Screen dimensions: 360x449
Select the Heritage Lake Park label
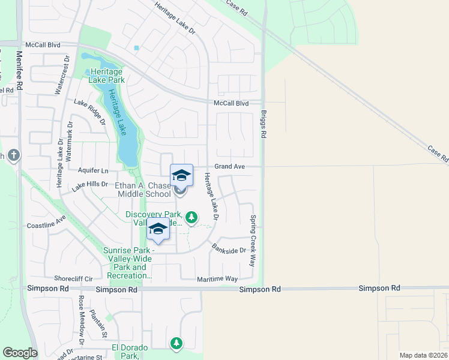tap(107, 75)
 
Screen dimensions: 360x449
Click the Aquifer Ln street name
tap(93, 171)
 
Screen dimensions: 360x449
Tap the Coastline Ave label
tap(46, 224)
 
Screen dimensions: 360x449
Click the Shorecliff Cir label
tap(73, 278)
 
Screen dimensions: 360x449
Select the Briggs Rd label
tap(263, 124)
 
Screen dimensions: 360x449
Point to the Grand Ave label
tap(231, 166)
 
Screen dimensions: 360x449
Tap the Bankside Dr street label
tap(229, 248)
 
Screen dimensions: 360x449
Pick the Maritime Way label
tap(218, 279)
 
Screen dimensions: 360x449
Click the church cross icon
tap(14, 156)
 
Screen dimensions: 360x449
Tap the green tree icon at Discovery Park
tap(191, 217)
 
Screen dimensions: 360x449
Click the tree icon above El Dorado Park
tap(176, 343)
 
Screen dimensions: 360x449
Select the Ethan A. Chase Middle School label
tap(142, 190)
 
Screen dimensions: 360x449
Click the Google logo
tap(20, 353)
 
